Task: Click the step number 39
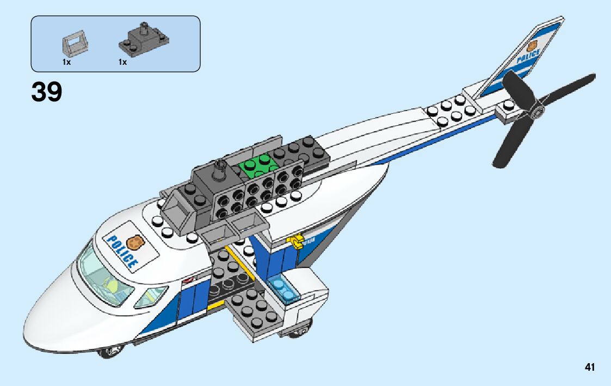[47, 93]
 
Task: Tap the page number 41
[590, 367]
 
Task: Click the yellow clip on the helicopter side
[297, 241]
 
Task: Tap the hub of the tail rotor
[538, 112]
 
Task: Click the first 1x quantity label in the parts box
[66, 62]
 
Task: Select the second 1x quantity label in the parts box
[122, 62]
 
